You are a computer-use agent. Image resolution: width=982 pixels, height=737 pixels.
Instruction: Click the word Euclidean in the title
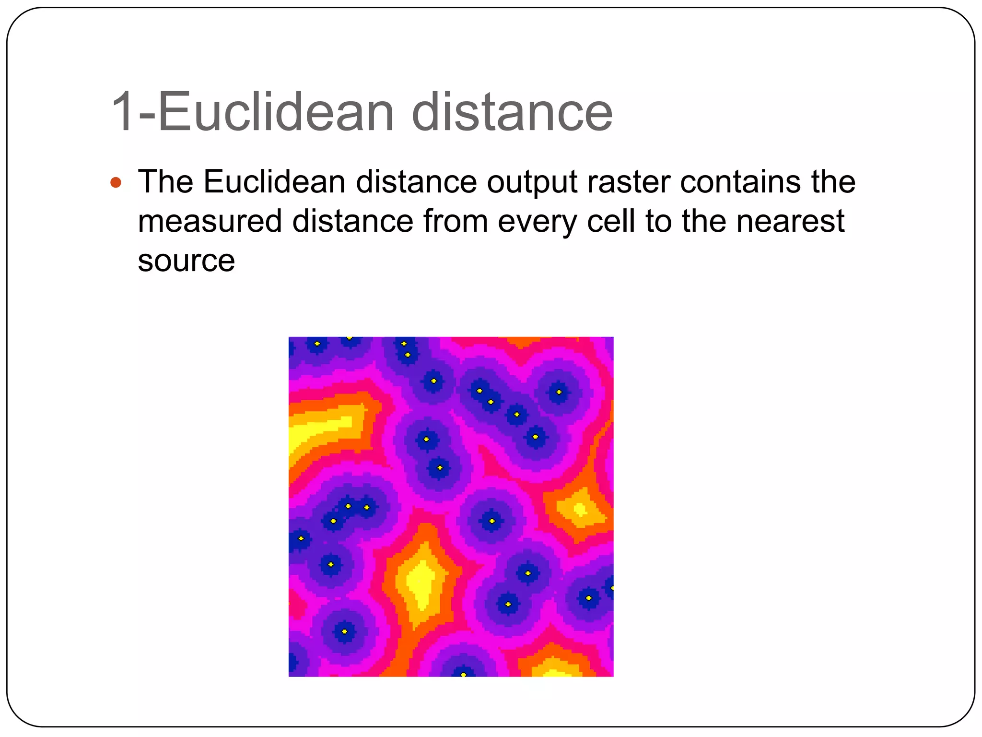point(276,113)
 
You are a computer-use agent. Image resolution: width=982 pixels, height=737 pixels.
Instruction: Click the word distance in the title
point(512,113)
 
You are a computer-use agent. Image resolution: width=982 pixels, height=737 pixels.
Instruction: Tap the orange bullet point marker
point(116,182)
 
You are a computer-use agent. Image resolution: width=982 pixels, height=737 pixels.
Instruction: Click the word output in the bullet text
point(532,183)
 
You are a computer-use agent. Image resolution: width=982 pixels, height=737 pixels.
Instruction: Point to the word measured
point(210,221)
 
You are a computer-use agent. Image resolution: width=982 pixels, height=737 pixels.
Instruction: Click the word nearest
point(790,221)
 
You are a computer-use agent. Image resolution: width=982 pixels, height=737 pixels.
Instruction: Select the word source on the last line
point(186,261)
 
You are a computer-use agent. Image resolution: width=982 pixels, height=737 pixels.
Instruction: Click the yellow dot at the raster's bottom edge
point(463,674)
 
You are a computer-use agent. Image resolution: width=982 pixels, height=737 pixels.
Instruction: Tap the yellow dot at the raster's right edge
point(612,587)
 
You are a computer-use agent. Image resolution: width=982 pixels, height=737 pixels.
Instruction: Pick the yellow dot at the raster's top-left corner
point(317,344)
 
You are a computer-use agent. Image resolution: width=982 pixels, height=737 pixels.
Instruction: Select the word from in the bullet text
point(455,221)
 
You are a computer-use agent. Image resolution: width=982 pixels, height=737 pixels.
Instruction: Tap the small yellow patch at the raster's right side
point(580,509)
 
